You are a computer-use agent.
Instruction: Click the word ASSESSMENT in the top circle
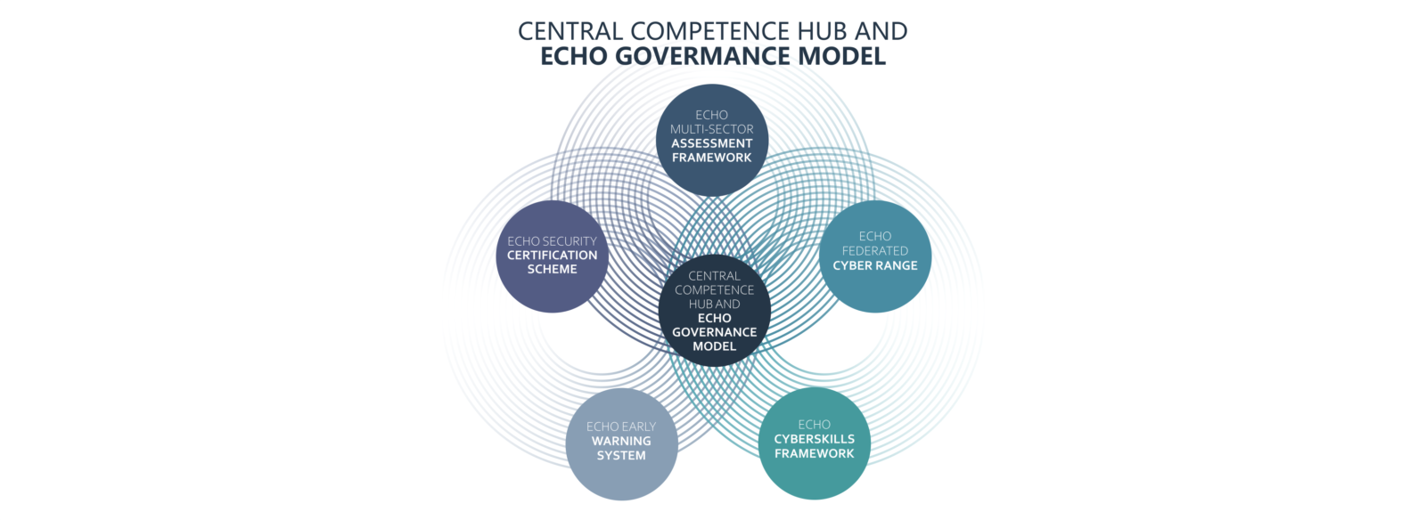pyautogui.click(x=712, y=143)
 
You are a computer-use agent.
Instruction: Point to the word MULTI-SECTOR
pyautogui.click(x=712, y=129)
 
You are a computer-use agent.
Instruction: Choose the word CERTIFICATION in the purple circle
pyautogui.click(x=552, y=255)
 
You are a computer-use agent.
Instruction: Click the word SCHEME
pyautogui.click(x=552, y=269)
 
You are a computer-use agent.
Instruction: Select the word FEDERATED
pyautogui.click(x=874, y=250)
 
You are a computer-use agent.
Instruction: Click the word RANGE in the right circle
pyautogui.click(x=897, y=265)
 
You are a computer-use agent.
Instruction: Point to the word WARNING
pyautogui.click(x=621, y=441)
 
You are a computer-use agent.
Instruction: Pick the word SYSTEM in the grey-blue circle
pyautogui.click(x=621, y=455)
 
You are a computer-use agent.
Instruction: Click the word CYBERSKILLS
pyautogui.click(x=815, y=439)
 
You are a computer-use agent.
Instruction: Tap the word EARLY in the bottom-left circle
pyautogui.click(x=638, y=427)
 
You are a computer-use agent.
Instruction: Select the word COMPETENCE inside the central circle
pyautogui.click(x=714, y=290)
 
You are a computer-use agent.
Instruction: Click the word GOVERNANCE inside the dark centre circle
pyautogui.click(x=714, y=332)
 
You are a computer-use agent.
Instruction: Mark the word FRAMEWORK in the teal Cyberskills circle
pyautogui.click(x=815, y=453)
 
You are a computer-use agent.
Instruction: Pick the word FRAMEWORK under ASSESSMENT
pyautogui.click(x=712, y=158)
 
